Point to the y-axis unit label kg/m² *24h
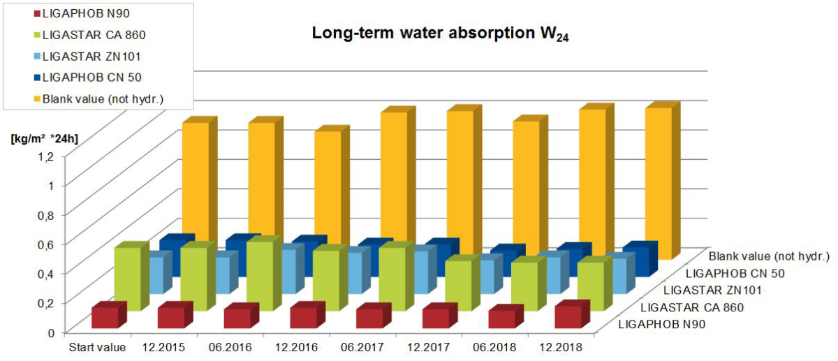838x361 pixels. click(44, 138)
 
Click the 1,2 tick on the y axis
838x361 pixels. click(46, 155)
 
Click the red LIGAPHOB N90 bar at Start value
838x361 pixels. click(105, 318)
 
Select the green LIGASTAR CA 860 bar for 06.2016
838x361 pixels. click(259, 276)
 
